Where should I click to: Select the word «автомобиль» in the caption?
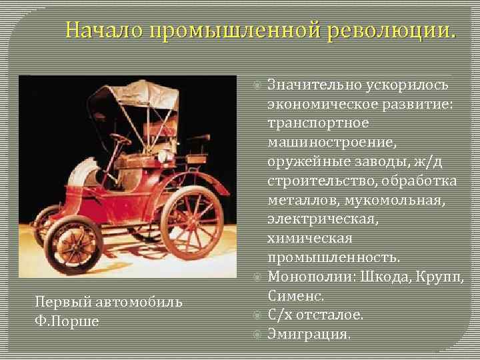click(145, 302)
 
